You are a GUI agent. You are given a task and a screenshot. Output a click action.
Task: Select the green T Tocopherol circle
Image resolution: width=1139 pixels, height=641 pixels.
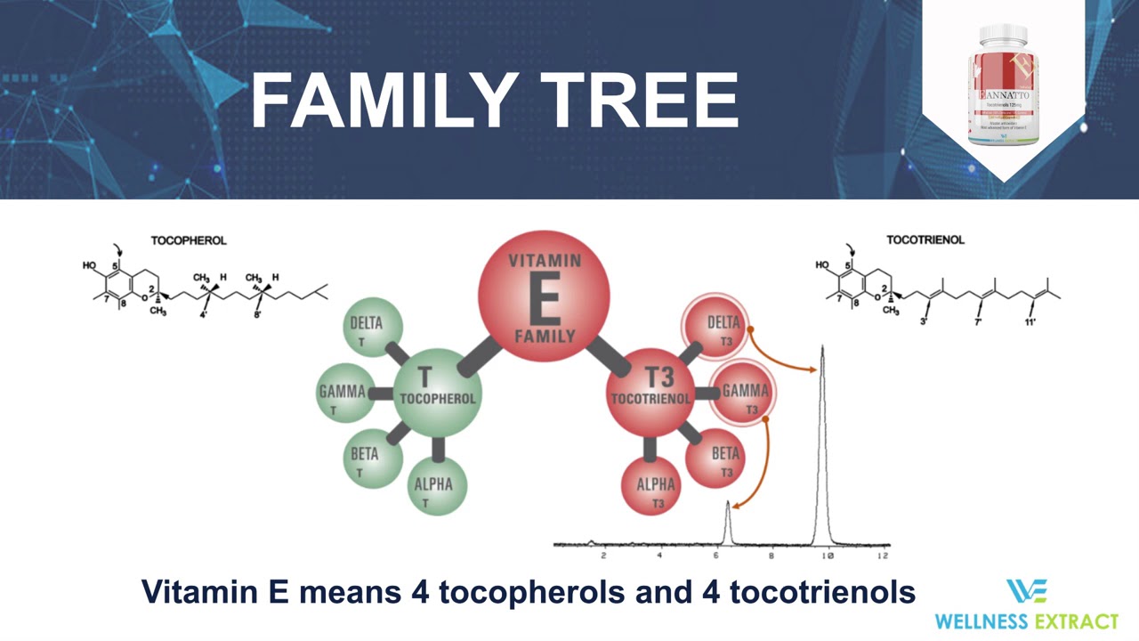click(436, 391)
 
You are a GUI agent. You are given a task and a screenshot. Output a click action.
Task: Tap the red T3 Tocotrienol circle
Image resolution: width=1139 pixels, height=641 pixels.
click(650, 391)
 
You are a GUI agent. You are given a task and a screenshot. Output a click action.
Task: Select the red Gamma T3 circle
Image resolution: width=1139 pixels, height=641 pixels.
click(743, 393)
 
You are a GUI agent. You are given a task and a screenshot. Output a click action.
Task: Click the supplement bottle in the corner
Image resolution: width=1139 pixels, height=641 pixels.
click(1003, 85)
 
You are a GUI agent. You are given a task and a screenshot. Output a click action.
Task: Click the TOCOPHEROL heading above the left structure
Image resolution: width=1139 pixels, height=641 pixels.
click(189, 240)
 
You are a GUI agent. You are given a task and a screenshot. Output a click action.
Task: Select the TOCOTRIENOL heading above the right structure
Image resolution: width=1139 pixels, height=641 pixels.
click(925, 239)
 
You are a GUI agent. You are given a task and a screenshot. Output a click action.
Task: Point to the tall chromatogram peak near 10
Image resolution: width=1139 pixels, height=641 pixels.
click(822, 427)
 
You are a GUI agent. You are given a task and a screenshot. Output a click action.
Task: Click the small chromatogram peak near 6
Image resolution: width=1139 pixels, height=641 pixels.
click(728, 521)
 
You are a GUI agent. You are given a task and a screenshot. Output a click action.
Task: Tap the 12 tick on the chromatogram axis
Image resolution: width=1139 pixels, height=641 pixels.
click(883, 556)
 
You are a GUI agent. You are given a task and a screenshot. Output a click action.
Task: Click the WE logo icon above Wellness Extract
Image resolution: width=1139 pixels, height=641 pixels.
click(1026, 591)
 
